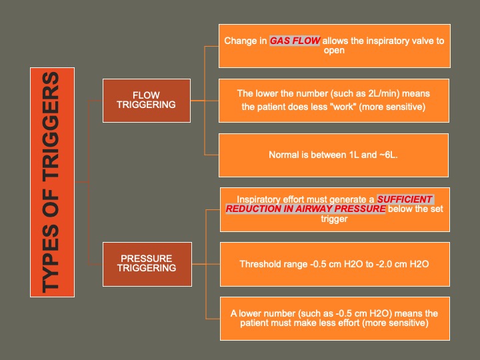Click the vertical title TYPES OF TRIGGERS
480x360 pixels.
point(52,182)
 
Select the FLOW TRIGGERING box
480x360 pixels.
point(146,100)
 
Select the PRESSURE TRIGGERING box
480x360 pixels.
point(146,263)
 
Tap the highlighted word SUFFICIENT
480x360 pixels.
point(405,199)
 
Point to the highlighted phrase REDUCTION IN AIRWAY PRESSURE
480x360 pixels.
point(305,209)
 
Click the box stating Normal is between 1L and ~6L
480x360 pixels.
point(333,155)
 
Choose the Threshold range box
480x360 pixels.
point(334,264)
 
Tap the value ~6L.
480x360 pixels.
point(386,155)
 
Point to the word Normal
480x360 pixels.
point(283,155)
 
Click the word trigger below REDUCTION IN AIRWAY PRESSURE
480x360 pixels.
point(334,218)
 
